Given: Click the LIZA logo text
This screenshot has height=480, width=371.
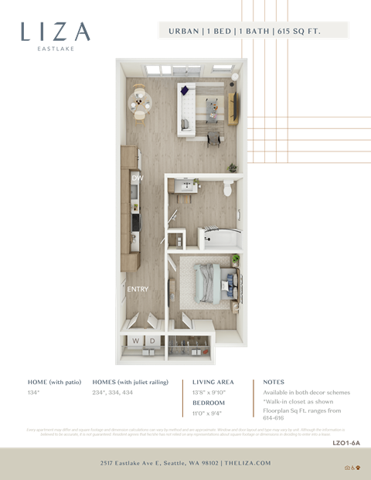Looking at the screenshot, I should tap(56, 31).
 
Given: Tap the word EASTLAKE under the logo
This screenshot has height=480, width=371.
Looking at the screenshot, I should tap(56, 49).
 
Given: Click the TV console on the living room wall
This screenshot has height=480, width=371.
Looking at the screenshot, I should tap(230, 104).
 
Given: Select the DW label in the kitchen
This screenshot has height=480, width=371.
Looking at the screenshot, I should tap(137, 179).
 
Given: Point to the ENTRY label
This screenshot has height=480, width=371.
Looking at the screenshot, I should tap(138, 290).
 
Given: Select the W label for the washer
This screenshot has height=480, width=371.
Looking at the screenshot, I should tap(136, 340).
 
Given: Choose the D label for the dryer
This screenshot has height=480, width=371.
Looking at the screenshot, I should tap(152, 340).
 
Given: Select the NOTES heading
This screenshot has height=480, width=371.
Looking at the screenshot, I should tap(273, 382).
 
